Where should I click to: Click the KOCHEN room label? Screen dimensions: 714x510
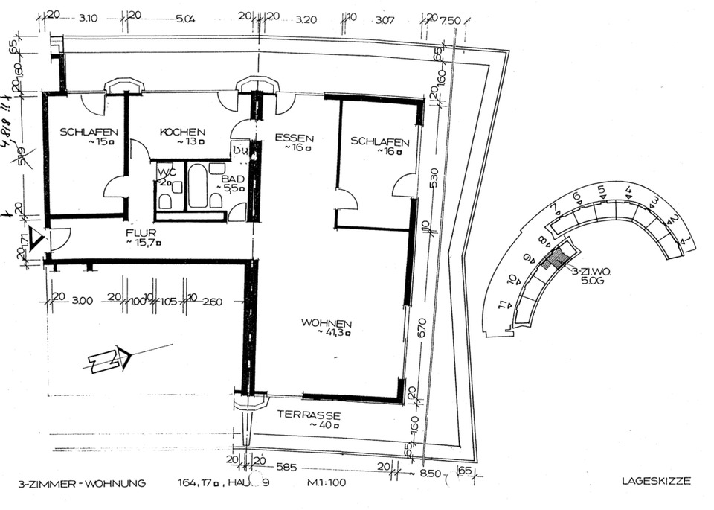tap(181, 132)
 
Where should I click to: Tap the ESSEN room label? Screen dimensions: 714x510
tap(295, 138)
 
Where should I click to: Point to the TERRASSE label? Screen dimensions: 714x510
tap(309, 415)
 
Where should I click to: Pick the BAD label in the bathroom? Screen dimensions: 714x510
tap(228, 179)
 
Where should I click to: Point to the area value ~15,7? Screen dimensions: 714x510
tap(143, 241)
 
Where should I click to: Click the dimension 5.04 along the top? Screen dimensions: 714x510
tap(185, 19)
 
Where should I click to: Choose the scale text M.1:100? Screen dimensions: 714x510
tap(328, 482)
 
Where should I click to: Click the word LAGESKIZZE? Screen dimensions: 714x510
tap(655, 481)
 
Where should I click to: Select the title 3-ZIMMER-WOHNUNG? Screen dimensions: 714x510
tap(72, 482)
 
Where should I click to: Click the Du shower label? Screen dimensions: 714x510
tap(239, 150)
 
